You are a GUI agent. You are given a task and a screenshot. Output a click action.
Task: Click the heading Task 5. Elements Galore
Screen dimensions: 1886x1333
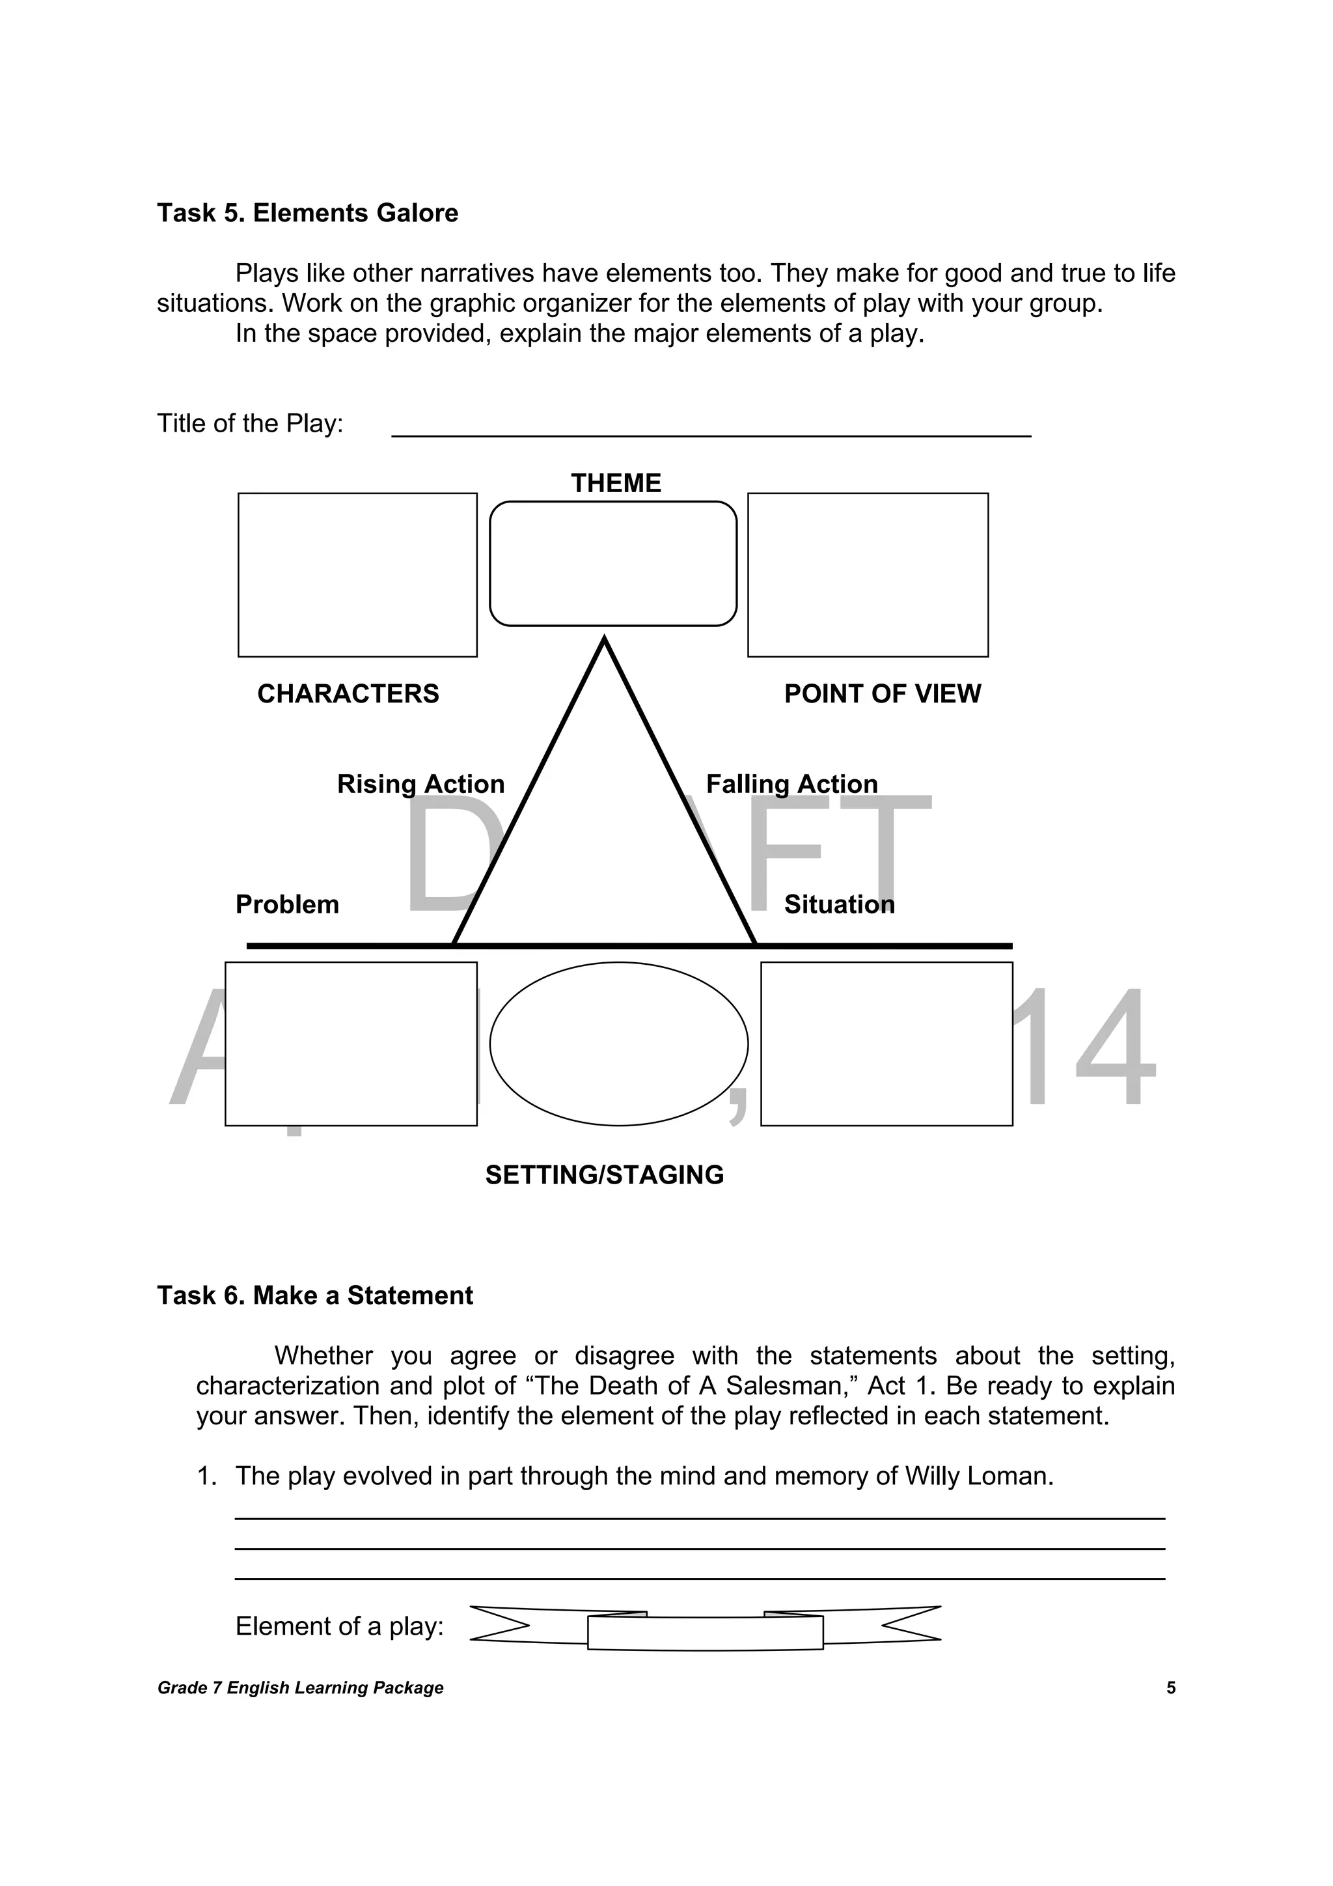click(x=307, y=213)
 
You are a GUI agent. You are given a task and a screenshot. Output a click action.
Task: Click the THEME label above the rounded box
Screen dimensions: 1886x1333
click(x=616, y=483)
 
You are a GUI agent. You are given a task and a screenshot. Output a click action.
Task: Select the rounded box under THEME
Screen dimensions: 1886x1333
click(x=612, y=564)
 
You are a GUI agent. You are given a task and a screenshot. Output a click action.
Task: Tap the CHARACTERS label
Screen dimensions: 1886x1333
click(x=348, y=694)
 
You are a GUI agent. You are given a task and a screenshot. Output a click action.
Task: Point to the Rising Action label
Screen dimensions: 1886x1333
click(x=420, y=784)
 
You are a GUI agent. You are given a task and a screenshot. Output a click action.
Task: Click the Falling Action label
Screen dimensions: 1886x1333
click(x=791, y=784)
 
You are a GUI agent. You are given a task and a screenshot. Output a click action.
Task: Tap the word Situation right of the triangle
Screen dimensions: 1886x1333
click(x=840, y=904)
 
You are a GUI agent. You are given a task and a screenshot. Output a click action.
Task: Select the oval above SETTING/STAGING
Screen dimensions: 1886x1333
click(x=618, y=1044)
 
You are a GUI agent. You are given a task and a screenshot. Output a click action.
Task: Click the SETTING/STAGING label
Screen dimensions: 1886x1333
click(x=605, y=1174)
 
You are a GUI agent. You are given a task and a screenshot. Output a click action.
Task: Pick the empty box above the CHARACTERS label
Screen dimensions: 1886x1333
click(x=357, y=575)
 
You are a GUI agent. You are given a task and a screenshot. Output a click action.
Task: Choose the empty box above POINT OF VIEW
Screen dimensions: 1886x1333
click(x=868, y=575)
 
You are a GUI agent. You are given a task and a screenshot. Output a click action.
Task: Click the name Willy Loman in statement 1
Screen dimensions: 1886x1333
click(x=979, y=1476)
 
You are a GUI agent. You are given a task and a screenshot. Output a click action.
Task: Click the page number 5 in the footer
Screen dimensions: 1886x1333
click(x=1170, y=1688)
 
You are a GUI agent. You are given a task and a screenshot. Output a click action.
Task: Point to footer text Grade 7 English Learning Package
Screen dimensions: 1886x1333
click(x=301, y=1688)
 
